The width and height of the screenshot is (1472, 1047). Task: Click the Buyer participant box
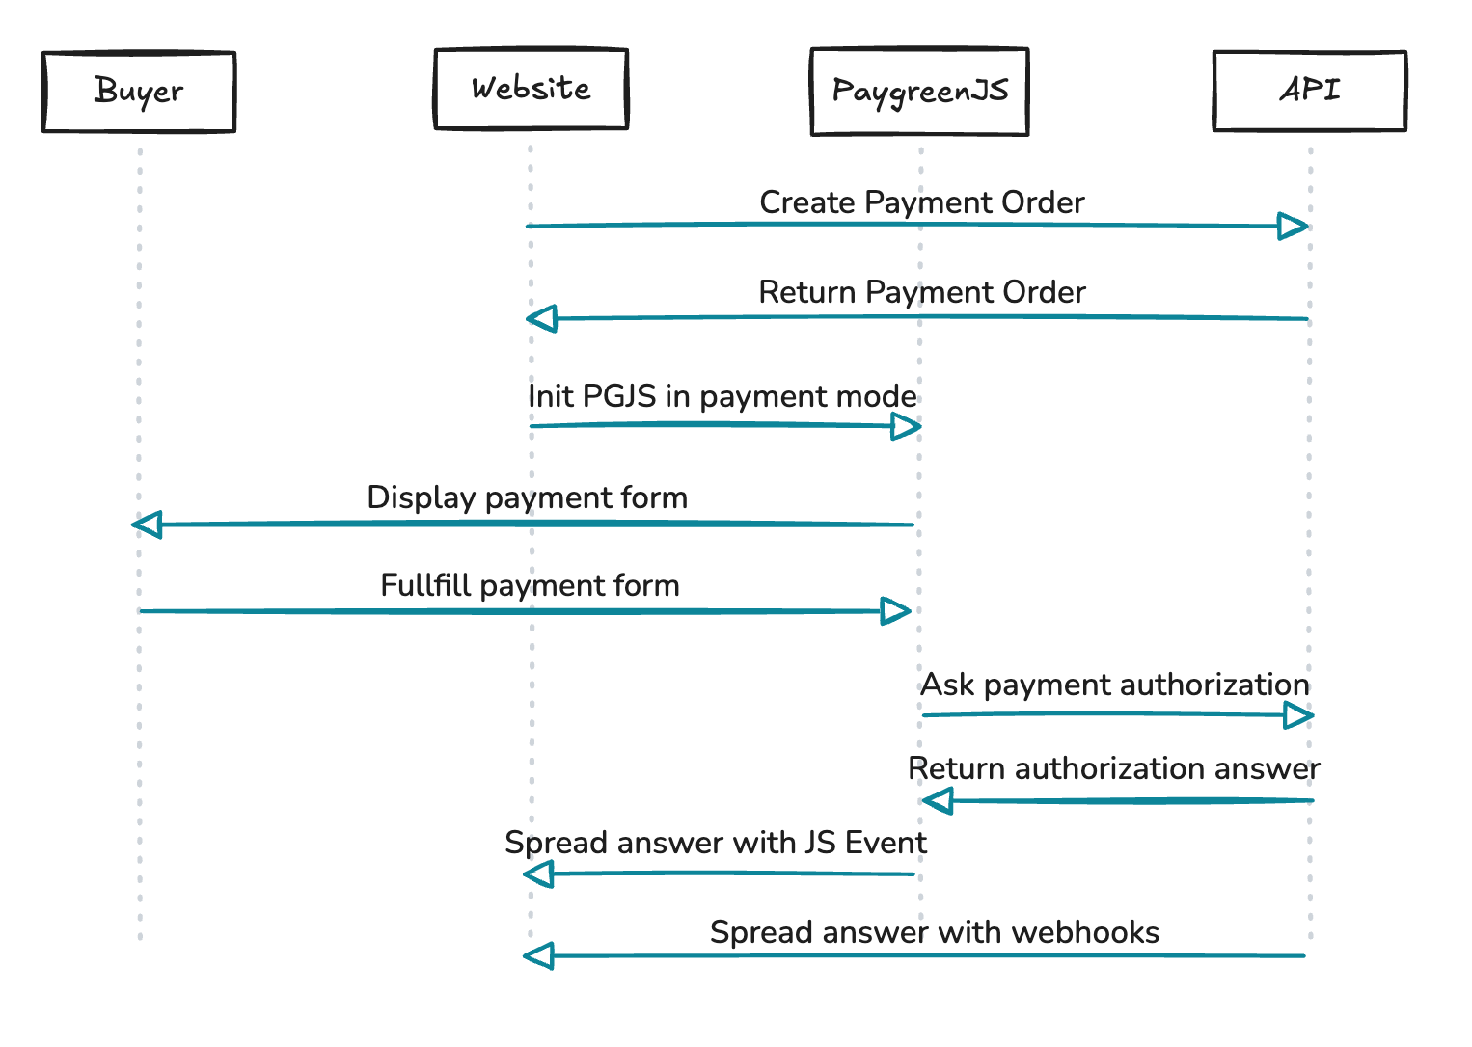point(139,92)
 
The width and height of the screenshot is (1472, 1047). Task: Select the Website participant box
point(531,89)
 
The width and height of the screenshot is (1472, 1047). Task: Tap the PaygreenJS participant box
point(919,92)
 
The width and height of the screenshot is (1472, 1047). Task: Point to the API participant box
point(1309,91)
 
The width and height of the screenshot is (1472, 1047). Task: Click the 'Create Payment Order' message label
point(921,202)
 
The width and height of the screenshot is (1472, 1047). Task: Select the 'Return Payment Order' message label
point(921,292)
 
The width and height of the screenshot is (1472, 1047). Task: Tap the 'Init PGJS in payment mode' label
point(722,396)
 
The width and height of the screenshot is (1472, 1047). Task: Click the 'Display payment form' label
point(527,497)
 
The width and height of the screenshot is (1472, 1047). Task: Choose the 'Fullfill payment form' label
point(530,585)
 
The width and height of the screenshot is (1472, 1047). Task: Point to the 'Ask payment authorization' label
point(1114,685)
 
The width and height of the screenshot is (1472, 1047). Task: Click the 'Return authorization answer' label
point(1113,768)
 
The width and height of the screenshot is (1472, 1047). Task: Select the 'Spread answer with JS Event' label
point(715,843)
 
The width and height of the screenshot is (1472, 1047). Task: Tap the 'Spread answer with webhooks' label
point(934,932)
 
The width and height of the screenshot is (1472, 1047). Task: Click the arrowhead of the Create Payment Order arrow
point(1293,227)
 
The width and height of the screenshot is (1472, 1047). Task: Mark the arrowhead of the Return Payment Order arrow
point(542,318)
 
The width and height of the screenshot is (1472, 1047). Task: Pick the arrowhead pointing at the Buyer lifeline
point(147,524)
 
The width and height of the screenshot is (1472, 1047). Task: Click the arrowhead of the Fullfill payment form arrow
point(895,611)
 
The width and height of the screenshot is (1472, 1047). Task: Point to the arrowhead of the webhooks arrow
point(538,956)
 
